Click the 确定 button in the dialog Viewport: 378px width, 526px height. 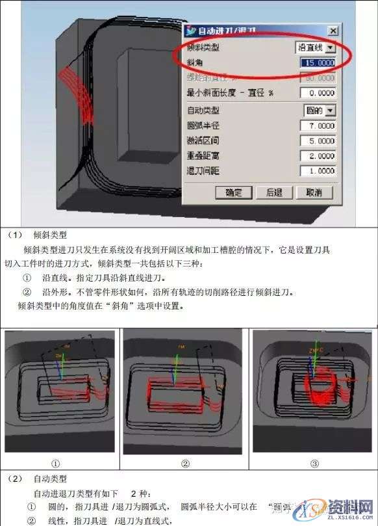pyautogui.click(x=233, y=192)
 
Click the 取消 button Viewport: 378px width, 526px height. pyautogui.click(x=314, y=192)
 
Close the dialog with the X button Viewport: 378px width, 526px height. pyautogui.click(x=333, y=31)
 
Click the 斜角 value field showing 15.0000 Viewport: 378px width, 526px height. pyautogui.click(x=318, y=62)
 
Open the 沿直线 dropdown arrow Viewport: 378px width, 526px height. pyautogui.click(x=331, y=47)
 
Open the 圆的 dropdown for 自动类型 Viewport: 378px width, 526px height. pyautogui.click(x=331, y=111)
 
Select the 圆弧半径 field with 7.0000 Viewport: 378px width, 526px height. pyautogui.click(x=318, y=125)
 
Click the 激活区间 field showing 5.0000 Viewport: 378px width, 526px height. pyautogui.click(x=318, y=141)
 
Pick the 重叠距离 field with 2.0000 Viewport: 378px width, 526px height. pyautogui.click(x=318, y=156)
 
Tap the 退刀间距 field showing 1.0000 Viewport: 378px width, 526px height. pyautogui.click(x=318, y=171)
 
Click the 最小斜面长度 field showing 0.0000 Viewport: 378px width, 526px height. pyautogui.click(x=318, y=93)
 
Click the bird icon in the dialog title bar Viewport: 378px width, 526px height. pyautogui.click(x=190, y=31)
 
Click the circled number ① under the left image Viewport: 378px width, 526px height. pyautogui.click(x=57, y=464)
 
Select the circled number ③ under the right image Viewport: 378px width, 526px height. pyautogui.click(x=314, y=464)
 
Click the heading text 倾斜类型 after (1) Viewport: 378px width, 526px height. pyautogui.click(x=55, y=235)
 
